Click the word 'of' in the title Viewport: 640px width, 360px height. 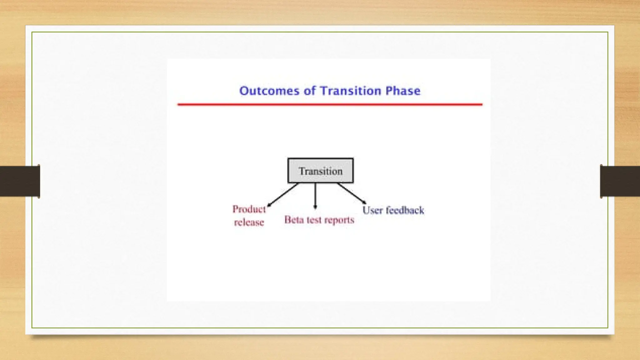tap(310, 91)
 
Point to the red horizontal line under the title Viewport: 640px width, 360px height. tap(330, 104)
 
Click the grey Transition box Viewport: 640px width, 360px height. tap(321, 171)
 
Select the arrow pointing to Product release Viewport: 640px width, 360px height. tap(283, 194)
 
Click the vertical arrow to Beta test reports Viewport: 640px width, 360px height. tap(315, 195)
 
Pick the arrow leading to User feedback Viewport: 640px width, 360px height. tap(351, 193)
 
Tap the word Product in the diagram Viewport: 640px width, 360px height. tap(249, 209)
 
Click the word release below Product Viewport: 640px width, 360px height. tap(249, 222)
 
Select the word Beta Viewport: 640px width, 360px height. tap(294, 220)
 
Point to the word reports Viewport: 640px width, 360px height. tap(339, 220)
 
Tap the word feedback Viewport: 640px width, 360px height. tap(405, 210)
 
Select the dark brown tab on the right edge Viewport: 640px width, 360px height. tap(620, 181)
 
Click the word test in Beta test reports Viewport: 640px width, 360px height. tap(314, 220)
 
